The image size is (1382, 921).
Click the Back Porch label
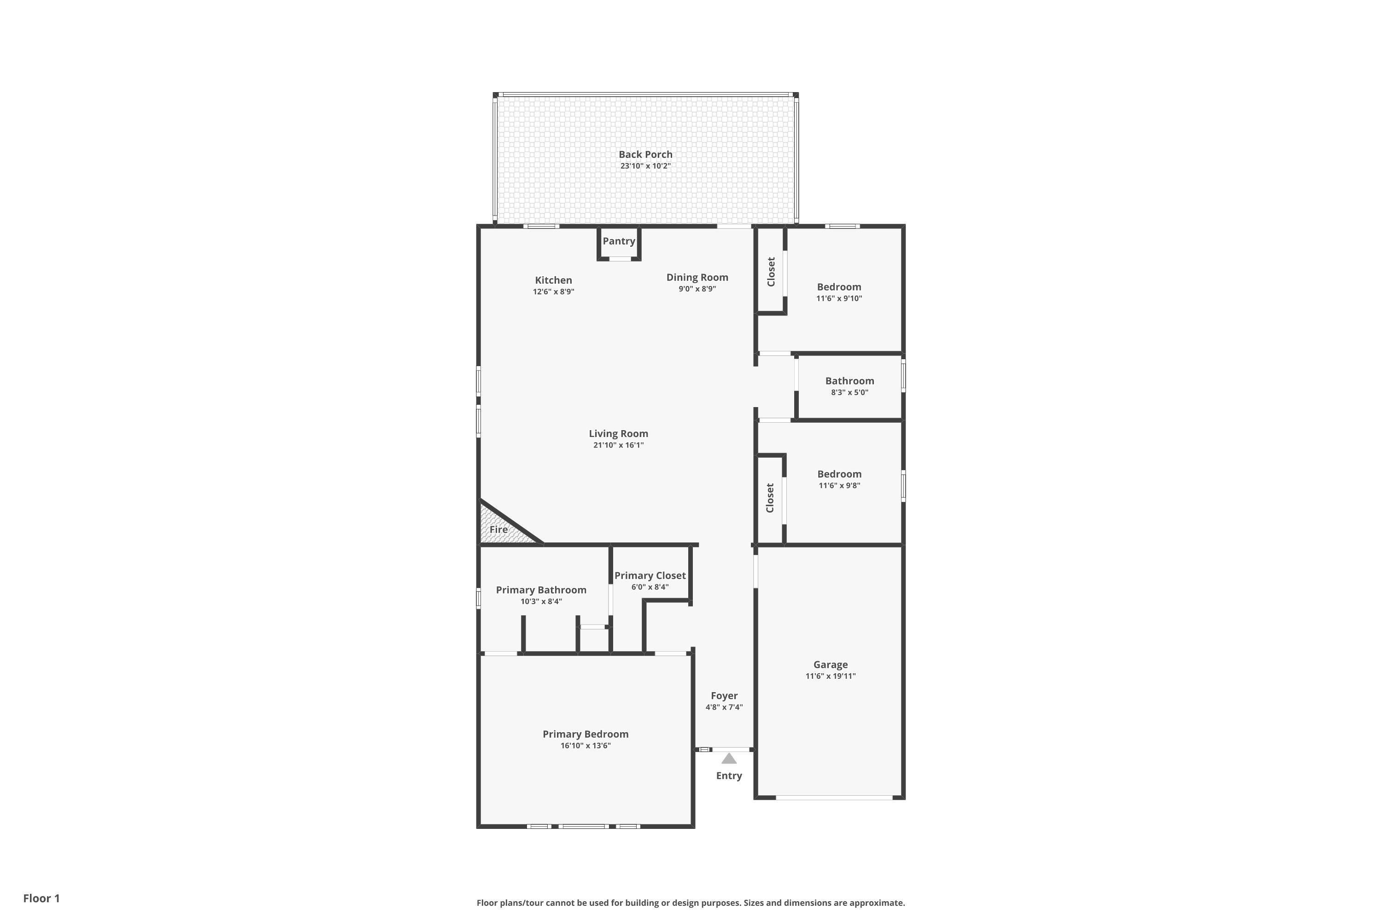click(x=645, y=154)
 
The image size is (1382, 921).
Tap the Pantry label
click(x=619, y=241)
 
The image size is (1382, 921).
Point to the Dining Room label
click(x=697, y=277)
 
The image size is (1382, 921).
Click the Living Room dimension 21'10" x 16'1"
click(x=618, y=445)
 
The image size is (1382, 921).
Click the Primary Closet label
click(x=650, y=576)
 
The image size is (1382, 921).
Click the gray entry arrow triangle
click(x=729, y=758)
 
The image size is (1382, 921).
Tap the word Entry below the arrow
click(x=729, y=776)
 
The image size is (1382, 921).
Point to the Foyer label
click(x=724, y=696)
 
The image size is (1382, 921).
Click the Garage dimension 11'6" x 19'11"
click(x=830, y=676)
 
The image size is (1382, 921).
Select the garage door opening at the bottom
click(x=834, y=797)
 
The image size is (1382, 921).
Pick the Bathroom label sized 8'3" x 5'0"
click(x=849, y=381)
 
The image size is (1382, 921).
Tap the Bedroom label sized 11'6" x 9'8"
click(x=839, y=474)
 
